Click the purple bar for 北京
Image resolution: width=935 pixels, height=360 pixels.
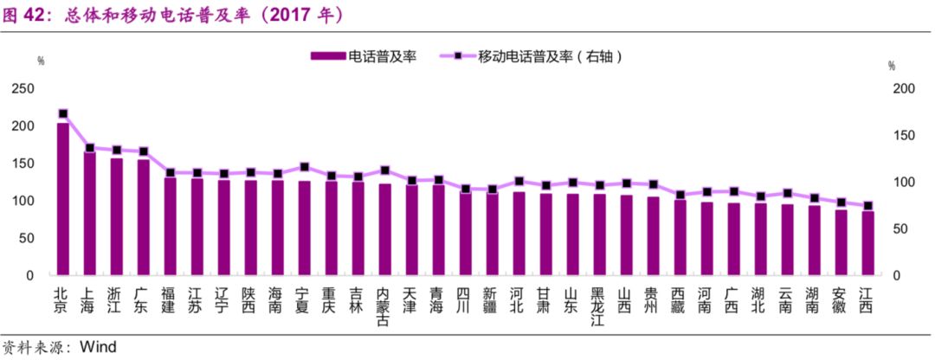[62, 199]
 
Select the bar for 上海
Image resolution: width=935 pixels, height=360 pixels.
[89, 213]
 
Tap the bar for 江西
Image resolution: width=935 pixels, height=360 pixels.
[867, 243]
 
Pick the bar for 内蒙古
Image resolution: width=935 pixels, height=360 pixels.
[384, 229]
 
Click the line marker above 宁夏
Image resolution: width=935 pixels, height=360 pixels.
[304, 167]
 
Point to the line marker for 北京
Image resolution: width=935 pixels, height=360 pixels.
[62, 113]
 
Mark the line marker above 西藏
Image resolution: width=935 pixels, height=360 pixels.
[680, 195]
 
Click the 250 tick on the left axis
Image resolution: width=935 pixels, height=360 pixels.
[23, 89]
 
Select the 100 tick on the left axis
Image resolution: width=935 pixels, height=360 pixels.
[23, 201]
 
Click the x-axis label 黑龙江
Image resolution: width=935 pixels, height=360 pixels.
[599, 306]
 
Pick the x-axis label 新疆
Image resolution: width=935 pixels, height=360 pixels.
[492, 299]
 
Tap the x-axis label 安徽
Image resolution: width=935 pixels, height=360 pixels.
[841, 299]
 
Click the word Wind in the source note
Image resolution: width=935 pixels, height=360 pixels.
[97, 346]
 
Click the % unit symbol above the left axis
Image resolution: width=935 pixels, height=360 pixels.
[41, 61]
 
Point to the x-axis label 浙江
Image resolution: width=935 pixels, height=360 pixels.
[116, 299]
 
